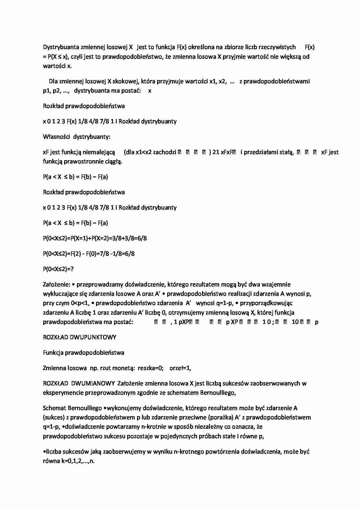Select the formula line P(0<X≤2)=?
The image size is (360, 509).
(58, 269)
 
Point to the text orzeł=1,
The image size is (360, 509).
(180, 368)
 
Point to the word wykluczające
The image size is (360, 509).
(60, 294)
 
